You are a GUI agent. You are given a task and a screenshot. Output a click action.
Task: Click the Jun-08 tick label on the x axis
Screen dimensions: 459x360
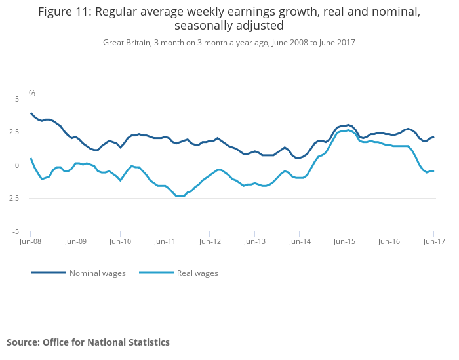pos(30,241)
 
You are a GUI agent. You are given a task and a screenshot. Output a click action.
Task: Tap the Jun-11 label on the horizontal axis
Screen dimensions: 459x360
pos(165,241)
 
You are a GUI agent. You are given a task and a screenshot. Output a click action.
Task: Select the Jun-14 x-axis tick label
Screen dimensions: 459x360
pos(300,241)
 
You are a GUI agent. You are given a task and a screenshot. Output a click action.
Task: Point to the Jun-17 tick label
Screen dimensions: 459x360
pos(434,241)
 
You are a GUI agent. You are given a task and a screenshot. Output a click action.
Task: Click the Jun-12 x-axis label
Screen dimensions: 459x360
pos(210,241)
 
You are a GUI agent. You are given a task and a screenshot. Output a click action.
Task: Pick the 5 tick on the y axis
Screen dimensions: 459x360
pos(17,99)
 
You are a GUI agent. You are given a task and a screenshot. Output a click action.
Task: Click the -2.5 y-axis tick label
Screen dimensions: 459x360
pos(13,198)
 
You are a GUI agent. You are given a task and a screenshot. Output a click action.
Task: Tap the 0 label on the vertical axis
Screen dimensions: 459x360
pos(17,165)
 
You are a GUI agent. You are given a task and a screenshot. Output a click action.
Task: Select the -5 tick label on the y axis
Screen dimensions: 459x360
pos(16,232)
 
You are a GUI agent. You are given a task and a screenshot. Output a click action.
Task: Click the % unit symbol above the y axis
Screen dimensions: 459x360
pos(32,94)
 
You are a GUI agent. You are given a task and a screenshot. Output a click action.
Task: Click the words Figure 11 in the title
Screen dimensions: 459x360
pos(65,12)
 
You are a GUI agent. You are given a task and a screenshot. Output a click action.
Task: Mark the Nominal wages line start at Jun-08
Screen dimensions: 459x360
pos(31,113)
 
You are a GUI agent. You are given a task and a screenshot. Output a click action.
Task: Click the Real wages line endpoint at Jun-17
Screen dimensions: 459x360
pos(433,171)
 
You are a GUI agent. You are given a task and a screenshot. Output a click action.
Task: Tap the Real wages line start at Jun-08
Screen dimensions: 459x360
pos(31,158)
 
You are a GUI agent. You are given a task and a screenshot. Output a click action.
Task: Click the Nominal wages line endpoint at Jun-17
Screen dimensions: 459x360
pos(433,136)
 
